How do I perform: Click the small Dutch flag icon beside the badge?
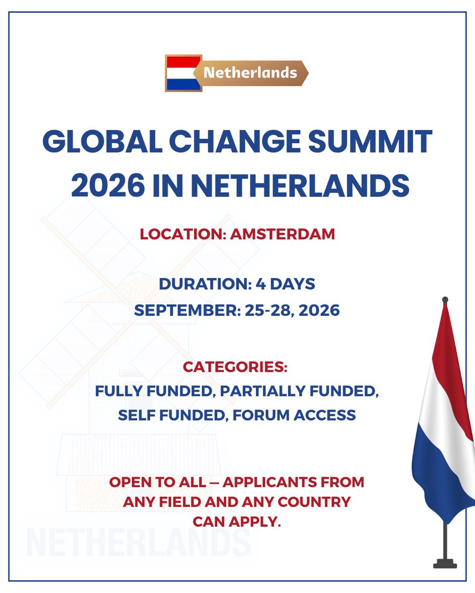[184, 73]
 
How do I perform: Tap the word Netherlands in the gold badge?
[250, 73]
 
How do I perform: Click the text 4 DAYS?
[285, 284]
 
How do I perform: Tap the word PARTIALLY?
[260, 391]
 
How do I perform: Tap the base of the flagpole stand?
[445, 563]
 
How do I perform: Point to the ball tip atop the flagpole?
[445, 300]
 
